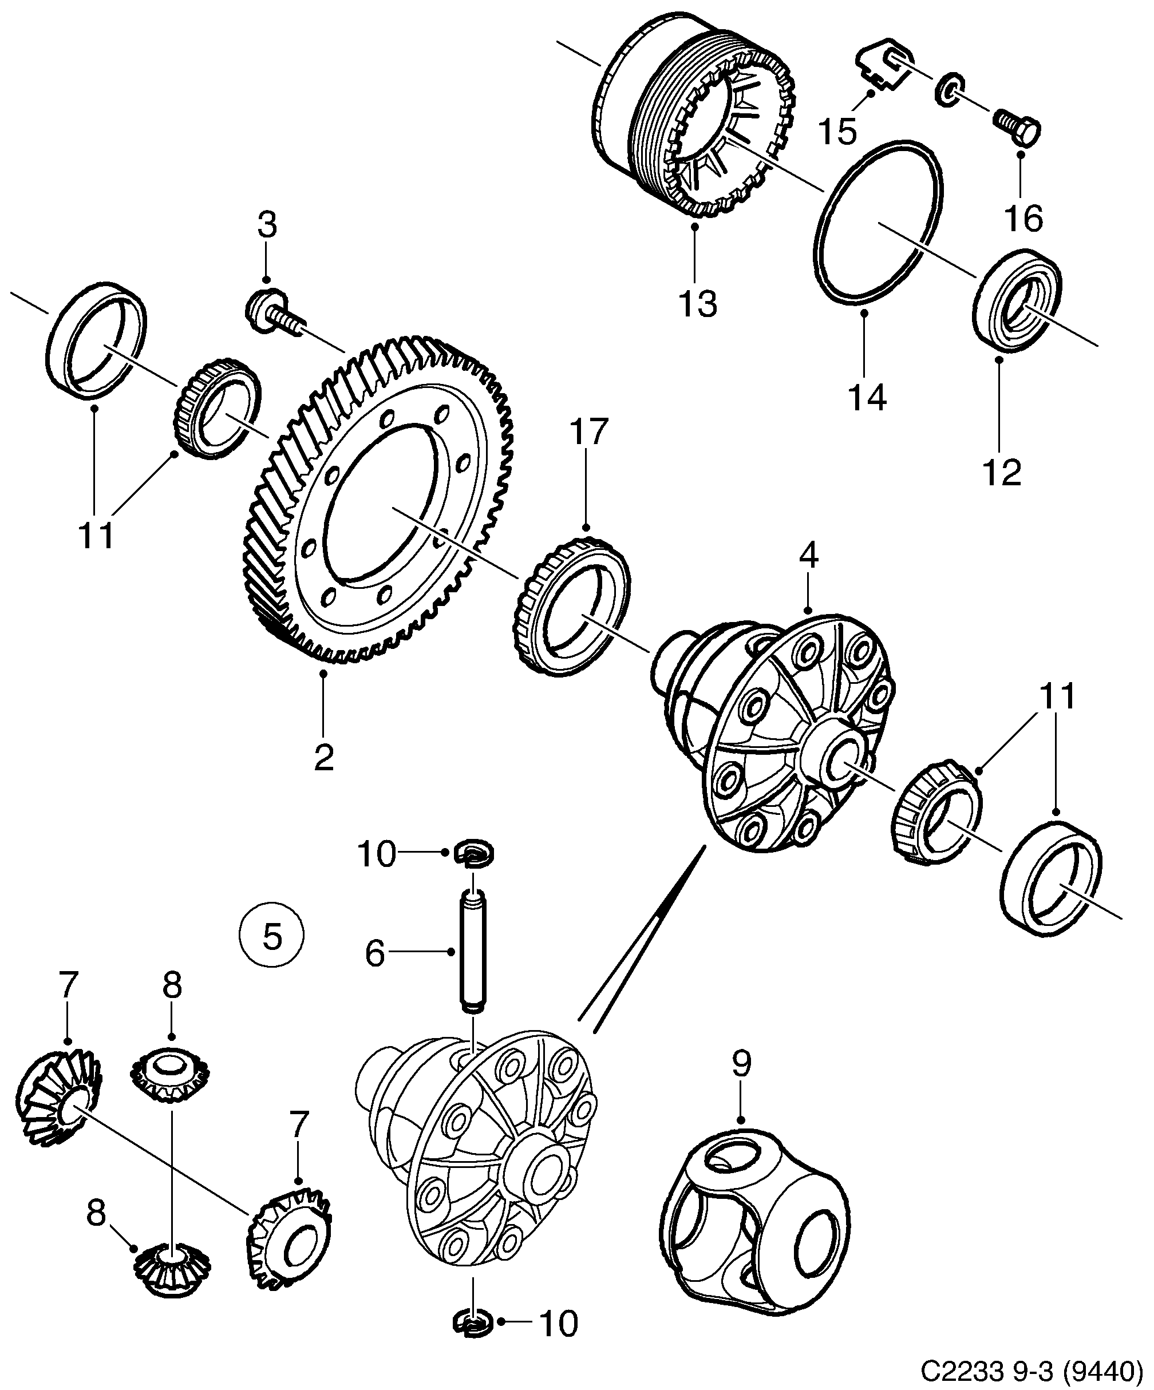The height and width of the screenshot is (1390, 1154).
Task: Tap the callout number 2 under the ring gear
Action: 323,759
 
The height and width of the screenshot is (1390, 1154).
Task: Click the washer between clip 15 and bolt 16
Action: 950,89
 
